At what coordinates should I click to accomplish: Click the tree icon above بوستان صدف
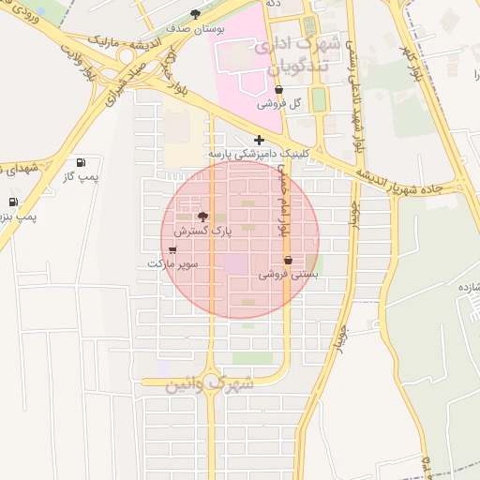coord(195,14)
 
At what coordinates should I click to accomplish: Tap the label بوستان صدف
coord(194,30)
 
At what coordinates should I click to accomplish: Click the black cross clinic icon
coord(259,140)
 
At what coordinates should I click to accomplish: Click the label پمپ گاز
coord(81,176)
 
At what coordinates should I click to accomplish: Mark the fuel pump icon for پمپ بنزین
coord(13,202)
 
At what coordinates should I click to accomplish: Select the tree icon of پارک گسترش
coord(203,216)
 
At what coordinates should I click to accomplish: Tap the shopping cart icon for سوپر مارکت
coord(172,249)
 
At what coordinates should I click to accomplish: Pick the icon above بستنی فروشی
coord(288,260)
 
